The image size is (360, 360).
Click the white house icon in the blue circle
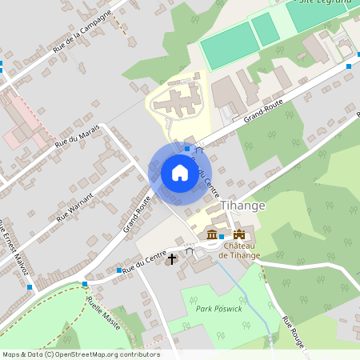[x=179, y=173]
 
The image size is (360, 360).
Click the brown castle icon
[x=238, y=233]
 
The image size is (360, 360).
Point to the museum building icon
[x=211, y=234]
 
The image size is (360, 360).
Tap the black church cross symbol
[x=170, y=259]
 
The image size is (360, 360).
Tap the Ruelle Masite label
[x=104, y=312]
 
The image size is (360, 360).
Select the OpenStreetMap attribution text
[x=80, y=354]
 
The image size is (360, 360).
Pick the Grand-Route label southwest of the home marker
[x=137, y=214]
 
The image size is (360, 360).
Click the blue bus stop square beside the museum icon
[x=221, y=237]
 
